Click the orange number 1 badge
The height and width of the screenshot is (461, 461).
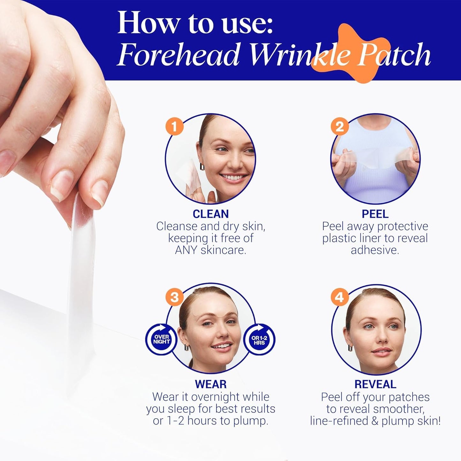coord(174,127)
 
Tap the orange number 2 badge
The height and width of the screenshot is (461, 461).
coord(340,127)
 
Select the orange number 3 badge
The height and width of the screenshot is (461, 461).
coord(174,297)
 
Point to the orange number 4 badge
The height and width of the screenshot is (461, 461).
coord(340,297)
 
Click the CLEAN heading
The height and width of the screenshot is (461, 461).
coord(211,214)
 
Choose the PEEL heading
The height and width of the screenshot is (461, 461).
coord(375,214)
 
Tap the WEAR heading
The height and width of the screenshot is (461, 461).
coord(211,384)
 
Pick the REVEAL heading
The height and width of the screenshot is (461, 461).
coord(375,384)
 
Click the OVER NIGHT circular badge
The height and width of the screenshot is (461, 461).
coord(161,339)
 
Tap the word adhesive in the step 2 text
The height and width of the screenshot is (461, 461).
coord(375,250)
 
